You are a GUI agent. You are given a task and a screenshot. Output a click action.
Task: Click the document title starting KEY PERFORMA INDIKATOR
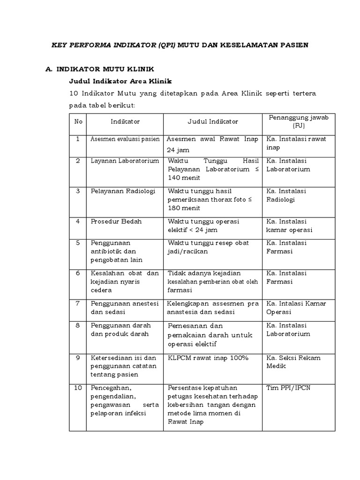click(180, 45)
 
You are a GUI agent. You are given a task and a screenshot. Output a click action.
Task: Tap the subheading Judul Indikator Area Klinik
click(121, 81)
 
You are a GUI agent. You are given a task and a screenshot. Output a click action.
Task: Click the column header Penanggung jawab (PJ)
click(298, 121)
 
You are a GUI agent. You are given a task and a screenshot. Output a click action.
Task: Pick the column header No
click(78, 121)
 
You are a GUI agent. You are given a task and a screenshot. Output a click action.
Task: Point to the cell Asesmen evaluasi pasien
click(125, 139)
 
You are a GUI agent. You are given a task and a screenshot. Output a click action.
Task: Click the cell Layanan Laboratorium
click(125, 161)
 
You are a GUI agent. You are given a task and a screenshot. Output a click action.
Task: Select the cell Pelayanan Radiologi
click(122, 191)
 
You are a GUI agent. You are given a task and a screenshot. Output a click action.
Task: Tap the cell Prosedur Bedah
click(116, 221)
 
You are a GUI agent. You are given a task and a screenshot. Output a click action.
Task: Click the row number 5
click(78, 243)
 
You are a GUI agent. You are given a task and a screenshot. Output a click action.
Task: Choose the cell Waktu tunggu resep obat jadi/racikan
click(209, 247)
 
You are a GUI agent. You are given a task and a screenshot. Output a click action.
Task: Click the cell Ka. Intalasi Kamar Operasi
click(296, 307)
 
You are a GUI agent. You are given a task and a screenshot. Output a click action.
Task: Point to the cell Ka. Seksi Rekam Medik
click(293, 362)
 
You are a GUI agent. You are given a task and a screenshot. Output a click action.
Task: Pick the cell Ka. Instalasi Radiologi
click(285, 195)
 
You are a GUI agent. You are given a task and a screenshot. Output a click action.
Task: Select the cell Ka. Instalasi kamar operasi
click(289, 225)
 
